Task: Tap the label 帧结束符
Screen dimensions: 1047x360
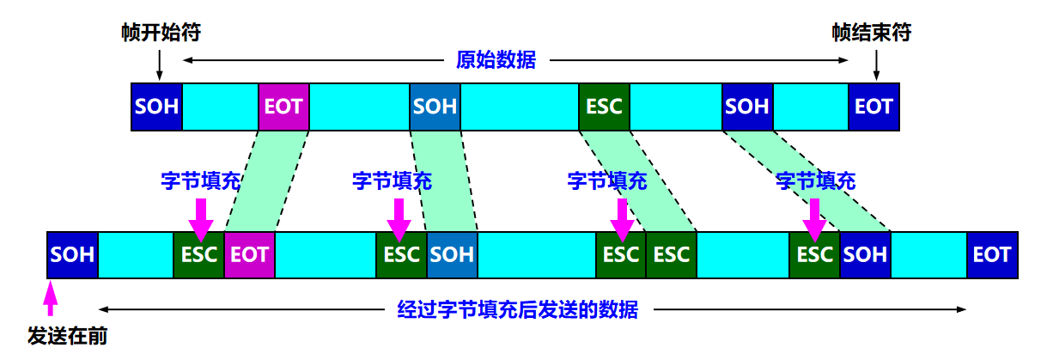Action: tap(871, 33)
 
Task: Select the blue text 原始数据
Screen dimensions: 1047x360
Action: tap(496, 60)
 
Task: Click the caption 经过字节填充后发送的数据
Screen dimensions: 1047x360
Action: tap(517, 309)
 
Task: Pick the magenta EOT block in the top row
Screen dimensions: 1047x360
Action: tap(283, 107)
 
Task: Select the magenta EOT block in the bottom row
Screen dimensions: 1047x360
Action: tap(249, 255)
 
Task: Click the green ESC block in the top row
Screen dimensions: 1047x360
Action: tap(604, 107)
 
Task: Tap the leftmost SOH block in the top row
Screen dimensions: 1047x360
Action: tap(156, 107)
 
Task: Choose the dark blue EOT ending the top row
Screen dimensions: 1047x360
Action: tap(874, 107)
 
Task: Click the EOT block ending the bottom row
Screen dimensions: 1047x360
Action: tap(992, 255)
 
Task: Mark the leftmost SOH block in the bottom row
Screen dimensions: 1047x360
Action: tap(72, 255)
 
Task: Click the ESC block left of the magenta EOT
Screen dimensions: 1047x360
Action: tap(198, 255)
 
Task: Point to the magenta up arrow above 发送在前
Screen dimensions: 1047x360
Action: tap(51, 301)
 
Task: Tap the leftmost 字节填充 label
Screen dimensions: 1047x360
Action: tap(200, 181)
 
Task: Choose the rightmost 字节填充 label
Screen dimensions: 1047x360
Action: tap(815, 181)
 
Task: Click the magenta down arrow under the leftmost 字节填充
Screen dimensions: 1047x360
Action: tap(200, 218)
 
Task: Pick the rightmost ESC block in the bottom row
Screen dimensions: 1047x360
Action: tap(814, 255)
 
